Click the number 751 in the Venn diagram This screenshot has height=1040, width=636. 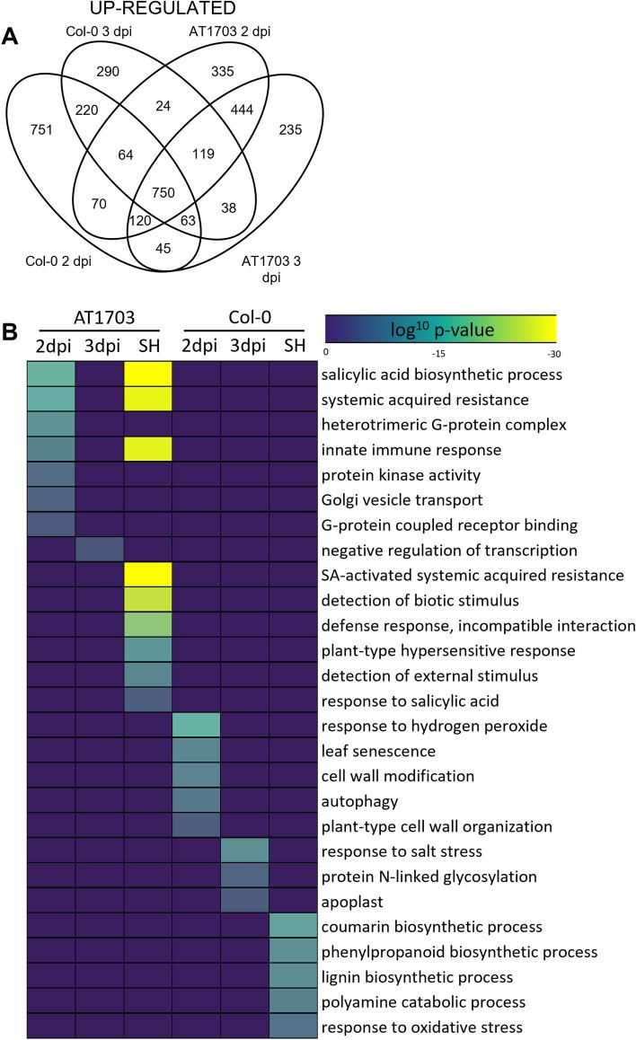click(x=41, y=129)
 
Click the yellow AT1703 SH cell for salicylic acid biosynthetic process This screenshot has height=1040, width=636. click(x=147, y=373)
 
